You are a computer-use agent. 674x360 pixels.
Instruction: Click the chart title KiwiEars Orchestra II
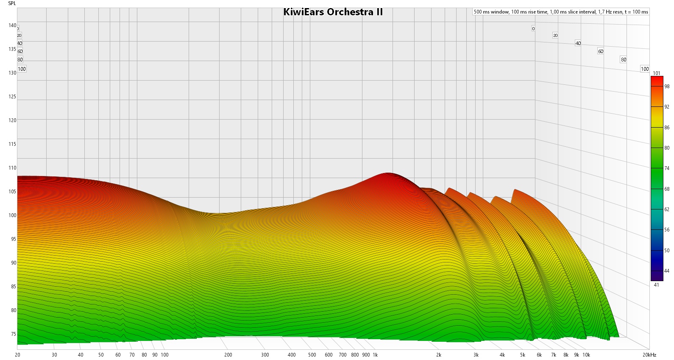[x=333, y=12]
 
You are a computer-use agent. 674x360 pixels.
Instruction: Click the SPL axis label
[x=12, y=3]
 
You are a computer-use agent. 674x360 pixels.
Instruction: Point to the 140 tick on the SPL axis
[x=12, y=25]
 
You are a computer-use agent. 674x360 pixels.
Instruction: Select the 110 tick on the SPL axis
[x=12, y=168]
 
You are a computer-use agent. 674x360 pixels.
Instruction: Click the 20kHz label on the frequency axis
[x=649, y=355]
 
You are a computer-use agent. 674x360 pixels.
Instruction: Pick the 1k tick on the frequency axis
[x=375, y=355]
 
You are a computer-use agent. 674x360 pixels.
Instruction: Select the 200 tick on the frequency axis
[x=228, y=355]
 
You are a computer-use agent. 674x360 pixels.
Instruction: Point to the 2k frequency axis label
[x=439, y=355]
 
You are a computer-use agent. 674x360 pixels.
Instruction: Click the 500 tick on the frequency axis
[x=312, y=355]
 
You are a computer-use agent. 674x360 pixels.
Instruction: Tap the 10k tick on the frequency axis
[x=586, y=355]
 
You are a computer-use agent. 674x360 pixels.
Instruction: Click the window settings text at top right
[x=561, y=12]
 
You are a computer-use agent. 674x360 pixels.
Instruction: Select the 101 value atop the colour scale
[x=656, y=73]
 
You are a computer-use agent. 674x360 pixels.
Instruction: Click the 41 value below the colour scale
[x=656, y=285]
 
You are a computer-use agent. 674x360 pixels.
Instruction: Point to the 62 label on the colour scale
[x=667, y=209]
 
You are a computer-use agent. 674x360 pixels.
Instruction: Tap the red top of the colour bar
[x=657, y=79]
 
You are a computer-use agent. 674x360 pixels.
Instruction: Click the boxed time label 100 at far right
[x=645, y=69]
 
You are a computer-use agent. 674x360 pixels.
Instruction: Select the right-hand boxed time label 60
[x=601, y=51]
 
